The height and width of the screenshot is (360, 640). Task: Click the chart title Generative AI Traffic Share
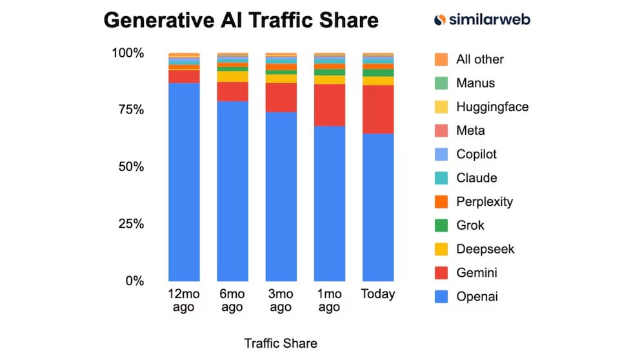pyautogui.click(x=241, y=20)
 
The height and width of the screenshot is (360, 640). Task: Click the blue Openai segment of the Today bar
pyautogui.click(x=377, y=206)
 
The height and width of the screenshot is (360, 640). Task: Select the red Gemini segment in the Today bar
pyautogui.click(x=377, y=109)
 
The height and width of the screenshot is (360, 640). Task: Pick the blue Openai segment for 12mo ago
pyautogui.click(x=184, y=181)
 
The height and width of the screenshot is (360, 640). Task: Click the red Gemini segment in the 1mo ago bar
pyautogui.click(x=329, y=105)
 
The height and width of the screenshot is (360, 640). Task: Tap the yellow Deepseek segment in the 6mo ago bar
pyautogui.click(x=232, y=76)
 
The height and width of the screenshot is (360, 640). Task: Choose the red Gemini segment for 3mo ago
pyautogui.click(x=281, y=97)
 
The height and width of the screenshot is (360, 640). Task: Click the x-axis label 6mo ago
pyautogui.click(x=232, y=301)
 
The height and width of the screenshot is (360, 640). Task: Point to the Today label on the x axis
pyautogui.click(x=377, y=294)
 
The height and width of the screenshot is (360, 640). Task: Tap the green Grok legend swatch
pyautogui.click(x=441, y=226)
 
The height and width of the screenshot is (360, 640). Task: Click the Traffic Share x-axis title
pyautogui.click(x=281, y=343)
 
